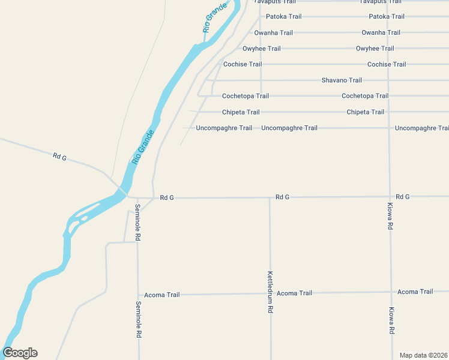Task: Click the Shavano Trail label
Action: tap(342, 80)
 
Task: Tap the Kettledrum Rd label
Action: tap(270, 292)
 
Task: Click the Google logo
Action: tap(20, 353)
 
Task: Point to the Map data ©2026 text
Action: tap(424, 355)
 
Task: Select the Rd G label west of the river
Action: tap(59, 157)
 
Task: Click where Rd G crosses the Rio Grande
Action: tap(122, 190)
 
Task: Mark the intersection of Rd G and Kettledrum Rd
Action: tap(270, 197)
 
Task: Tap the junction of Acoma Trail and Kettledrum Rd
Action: tap(270, 293)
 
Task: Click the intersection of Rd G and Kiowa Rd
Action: tap(390, 196)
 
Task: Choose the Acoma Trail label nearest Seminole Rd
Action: tap(162, 295)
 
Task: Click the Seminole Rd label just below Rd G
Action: tap(137, 223)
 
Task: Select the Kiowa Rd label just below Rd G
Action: tap(390, 217)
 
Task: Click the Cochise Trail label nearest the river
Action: tap(243, 64)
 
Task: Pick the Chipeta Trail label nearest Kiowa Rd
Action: tap(365, 112)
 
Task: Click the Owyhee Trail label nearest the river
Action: tap(261, 49)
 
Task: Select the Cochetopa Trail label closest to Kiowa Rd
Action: tap(364, 96)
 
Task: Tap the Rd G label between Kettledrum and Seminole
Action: tap(167, 197)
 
